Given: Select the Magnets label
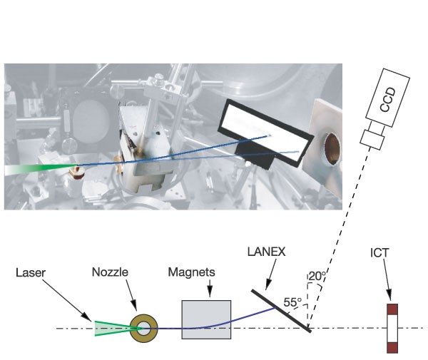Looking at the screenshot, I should pyautogui.click(x=187, y=272).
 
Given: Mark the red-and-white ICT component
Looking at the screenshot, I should pyautogui.click(x=391, y=329).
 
